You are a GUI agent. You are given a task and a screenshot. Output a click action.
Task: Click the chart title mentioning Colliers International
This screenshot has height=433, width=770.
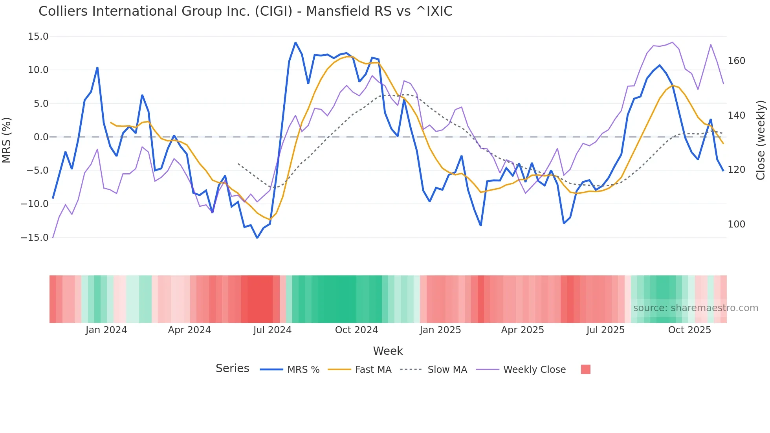point(246,11)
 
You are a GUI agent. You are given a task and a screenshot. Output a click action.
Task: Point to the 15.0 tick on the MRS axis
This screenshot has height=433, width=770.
point(38,37)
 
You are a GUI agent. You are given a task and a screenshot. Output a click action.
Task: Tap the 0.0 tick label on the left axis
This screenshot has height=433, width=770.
point(41,137)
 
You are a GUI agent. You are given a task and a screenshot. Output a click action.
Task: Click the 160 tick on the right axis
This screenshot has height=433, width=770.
point(736,61)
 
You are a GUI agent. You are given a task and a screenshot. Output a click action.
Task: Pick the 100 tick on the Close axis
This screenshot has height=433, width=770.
point(736,224)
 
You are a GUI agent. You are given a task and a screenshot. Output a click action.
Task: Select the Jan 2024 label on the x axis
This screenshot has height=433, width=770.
point(106,330)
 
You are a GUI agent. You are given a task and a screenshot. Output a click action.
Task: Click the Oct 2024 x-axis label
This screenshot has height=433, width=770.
point(356,330)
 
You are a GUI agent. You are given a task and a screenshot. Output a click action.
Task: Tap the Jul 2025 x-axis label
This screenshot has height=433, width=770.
point(605,330)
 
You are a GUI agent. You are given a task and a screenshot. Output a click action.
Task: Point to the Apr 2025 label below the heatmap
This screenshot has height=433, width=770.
point(522,330)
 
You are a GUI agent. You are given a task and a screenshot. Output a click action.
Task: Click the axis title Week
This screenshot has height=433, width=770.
point(388,351)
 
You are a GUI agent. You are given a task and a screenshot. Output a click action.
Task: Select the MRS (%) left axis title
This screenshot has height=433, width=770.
point(7,140)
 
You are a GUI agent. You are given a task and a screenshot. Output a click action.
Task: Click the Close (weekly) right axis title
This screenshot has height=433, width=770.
point(761,140)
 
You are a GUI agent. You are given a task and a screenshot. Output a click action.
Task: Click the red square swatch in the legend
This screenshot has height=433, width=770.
point(585,369)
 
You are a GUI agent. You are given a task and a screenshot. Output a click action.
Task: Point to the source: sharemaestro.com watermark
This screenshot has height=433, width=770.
point(695,308)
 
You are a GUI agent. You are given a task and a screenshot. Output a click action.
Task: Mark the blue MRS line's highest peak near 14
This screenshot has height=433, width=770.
point(295,43)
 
